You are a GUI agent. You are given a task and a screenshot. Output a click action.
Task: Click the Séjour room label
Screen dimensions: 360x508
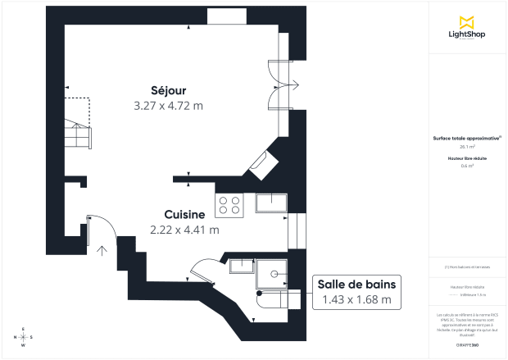click(x=168, y=89)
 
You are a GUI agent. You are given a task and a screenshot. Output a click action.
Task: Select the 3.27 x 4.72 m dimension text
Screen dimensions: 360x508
click(x=168, y=105)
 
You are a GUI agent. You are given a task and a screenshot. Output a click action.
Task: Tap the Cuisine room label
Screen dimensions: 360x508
click(x=184, y=214)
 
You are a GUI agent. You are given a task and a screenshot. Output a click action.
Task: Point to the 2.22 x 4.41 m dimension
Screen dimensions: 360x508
click(x=184, y=230)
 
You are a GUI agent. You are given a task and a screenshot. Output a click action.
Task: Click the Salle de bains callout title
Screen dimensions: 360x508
click(x=356, y=284)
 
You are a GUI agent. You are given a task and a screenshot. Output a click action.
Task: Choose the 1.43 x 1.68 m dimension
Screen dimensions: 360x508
click(x=356, y=299)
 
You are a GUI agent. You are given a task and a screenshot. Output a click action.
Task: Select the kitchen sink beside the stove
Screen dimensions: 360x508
click(x=270, y=203)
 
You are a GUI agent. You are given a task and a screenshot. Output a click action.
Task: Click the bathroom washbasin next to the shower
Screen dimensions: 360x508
click(x=243, y=266)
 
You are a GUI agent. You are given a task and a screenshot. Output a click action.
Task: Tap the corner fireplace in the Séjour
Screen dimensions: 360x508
click(x=264, y=163)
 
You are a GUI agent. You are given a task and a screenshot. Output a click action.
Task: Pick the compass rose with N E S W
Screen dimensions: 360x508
click(x=23, y=337)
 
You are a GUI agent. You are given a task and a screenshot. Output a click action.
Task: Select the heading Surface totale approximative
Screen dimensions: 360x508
click(x=467, y=139)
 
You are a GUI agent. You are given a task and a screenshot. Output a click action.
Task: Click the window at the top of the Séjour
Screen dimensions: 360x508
click(x=222, y=16)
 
